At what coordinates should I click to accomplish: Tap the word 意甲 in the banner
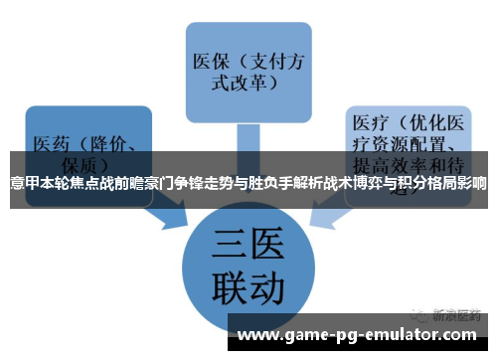click(22, 184)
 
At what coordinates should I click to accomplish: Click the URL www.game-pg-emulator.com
click(362, 334)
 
